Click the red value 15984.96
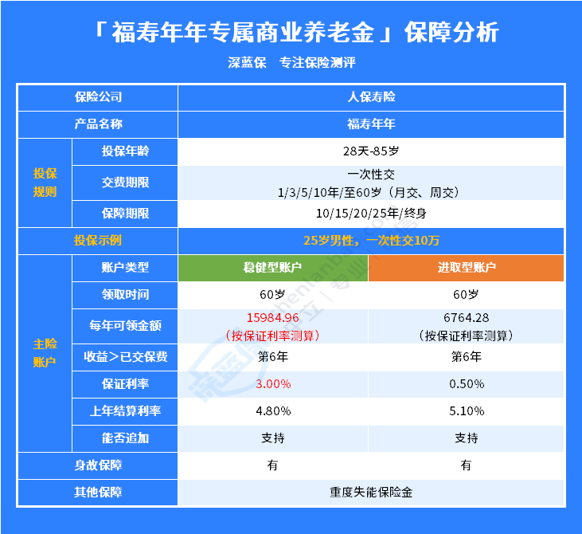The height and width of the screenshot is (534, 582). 273,318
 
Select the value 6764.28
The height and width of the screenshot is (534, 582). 467,318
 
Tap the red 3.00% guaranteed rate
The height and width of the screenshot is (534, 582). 273,384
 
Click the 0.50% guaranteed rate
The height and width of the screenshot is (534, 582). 467,384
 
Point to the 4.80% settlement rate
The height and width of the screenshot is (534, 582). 273,411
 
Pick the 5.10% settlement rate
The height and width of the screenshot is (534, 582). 467,411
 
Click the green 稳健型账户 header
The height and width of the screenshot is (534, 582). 273,268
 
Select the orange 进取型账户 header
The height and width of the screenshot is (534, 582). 467,268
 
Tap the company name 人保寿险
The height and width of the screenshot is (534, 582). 371,97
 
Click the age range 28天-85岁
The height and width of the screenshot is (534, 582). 371,151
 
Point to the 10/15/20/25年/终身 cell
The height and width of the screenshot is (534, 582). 371,214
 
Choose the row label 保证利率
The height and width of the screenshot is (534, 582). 126,384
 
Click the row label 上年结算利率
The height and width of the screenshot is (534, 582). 126,411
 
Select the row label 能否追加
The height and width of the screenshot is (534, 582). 126,438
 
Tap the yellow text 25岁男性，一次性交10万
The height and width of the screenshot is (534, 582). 371,241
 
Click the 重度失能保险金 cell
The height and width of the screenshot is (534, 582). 371,493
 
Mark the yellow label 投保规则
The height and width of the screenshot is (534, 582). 45,183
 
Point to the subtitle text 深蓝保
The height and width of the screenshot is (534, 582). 247,63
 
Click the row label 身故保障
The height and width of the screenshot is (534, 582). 98,465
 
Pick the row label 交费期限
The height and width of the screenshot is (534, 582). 126,183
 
